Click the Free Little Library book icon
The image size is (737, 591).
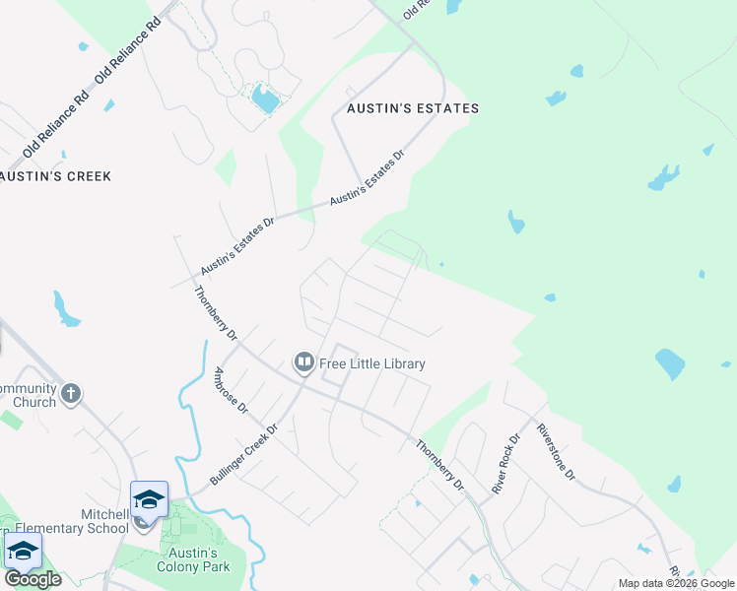tap(304, 363)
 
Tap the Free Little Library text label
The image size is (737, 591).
tap(372, 364)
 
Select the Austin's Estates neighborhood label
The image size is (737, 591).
tap(412, 108)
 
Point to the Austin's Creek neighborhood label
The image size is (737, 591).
tap(56, 176)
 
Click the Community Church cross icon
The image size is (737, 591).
tap(70, 395)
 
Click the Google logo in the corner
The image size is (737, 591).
tap(33, 579)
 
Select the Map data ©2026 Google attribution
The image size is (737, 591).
tap(677, 583)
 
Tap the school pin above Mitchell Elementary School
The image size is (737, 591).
tap(149, 499)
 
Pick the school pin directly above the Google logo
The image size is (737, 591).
tap(22, 550)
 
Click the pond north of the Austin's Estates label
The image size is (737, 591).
tap(264, 98)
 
